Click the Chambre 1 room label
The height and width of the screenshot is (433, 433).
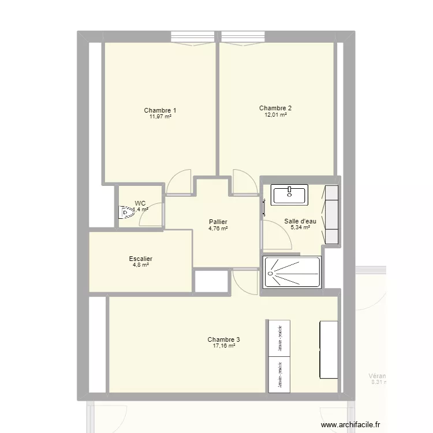(160, 110)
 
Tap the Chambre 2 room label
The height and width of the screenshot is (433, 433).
(275, 108)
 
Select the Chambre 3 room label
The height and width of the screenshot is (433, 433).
(224, 339)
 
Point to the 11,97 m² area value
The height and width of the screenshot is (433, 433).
(160, 117)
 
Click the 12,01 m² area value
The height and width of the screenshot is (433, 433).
(275, 114)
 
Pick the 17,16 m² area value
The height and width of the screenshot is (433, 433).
(224, 346)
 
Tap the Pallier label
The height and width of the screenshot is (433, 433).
(218, 222)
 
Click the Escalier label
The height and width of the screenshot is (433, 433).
(141, 259)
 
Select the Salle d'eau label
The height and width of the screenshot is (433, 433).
(300, 221)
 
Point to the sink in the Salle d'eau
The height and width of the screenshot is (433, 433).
(290, 195)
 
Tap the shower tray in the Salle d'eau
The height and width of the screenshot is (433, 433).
(292, 271)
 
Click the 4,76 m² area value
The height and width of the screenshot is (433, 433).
(218, 228)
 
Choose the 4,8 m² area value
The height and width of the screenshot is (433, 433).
(141, 266)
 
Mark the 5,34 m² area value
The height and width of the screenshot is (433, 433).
(300, 227)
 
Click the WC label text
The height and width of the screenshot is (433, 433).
(140, 203)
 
